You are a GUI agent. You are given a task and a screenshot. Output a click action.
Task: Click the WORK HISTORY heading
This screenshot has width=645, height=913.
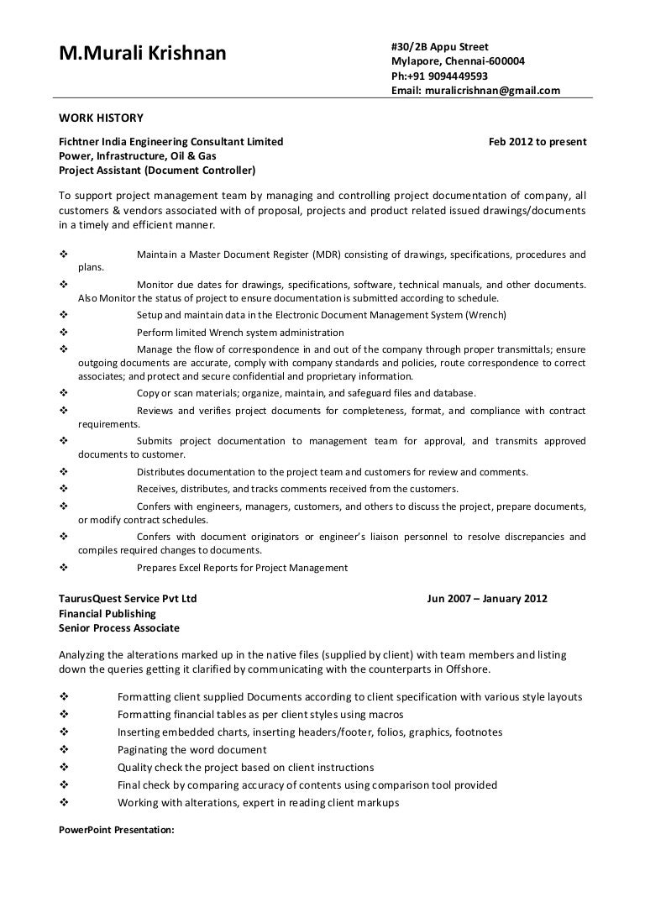click(101, 118)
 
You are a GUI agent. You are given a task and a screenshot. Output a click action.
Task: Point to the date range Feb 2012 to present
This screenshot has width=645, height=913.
click(537, 141)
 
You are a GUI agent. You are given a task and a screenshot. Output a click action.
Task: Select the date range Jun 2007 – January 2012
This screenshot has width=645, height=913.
click(487, 599)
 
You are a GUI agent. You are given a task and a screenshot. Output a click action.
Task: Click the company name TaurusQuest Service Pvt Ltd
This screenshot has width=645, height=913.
click(128, 599)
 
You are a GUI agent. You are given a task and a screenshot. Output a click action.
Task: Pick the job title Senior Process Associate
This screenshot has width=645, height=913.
click(118, 627)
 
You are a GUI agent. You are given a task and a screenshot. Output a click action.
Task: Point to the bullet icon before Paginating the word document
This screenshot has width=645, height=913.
click(65, 749)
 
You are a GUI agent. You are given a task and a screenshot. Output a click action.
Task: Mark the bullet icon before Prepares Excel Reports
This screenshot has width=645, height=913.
click(65, 568)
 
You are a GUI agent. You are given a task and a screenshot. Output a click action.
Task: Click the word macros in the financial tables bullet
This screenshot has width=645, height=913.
click(386, 714)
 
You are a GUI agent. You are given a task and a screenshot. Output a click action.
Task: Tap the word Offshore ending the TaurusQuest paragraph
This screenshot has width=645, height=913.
click(469, 669)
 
